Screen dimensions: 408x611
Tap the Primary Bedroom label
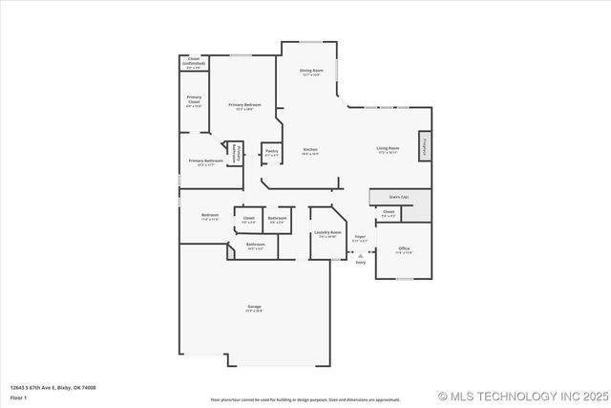tap(245, 106)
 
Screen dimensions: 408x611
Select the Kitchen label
tap(310, 151)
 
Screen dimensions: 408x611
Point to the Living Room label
tap(387, 149)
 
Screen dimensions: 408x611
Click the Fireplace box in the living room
tap(424, 146)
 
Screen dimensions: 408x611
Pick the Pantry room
tap(272, 152)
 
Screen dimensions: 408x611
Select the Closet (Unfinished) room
tap(194, 64)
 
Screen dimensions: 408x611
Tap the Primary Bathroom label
tap(205, 162)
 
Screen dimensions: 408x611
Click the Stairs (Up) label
tap(398, 196)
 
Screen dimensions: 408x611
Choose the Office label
tap(404, 250)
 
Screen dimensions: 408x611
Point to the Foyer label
tap(360, 238)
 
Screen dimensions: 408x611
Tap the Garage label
tap(254, 308)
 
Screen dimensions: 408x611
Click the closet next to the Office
tap(389, 213)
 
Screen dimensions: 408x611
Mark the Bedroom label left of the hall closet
tap(210, 216)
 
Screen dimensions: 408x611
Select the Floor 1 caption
tap(19, 397)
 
